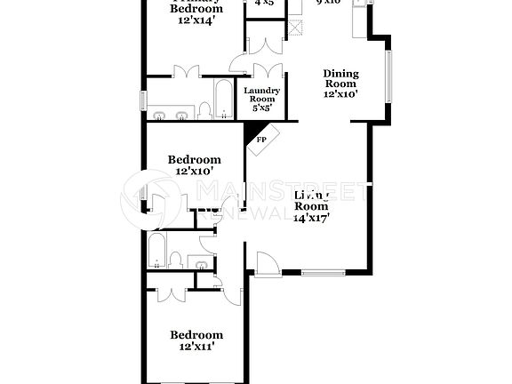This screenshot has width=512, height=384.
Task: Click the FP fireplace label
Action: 261,140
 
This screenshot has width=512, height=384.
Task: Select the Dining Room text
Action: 340,78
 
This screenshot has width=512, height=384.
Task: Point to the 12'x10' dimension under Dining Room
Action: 340,93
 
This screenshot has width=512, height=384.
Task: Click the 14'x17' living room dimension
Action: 311,216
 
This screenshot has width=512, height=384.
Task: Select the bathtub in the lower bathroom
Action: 156,250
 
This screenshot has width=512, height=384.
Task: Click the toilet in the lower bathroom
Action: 176,259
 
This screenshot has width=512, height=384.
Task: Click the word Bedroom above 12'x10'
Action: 193,160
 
